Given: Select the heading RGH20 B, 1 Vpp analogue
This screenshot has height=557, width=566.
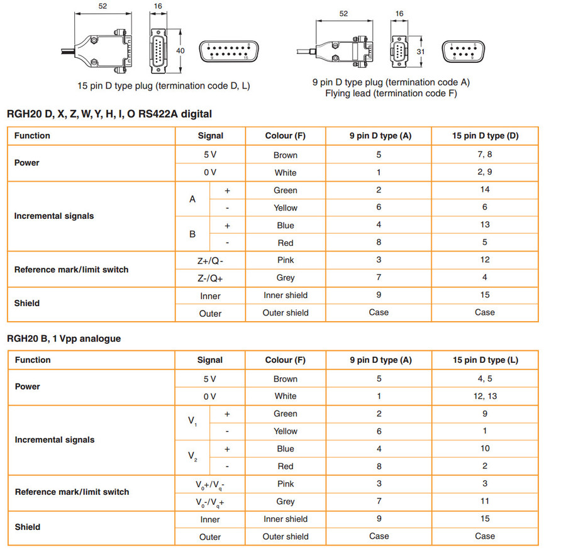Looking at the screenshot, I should click(x=64, y=338).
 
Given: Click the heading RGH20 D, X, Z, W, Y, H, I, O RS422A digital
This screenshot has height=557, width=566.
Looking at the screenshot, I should click(x=109, y=114).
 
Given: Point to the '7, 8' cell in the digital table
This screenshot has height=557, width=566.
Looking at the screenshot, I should click(x=484, y=155).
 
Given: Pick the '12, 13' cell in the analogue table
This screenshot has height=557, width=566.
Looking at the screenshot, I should click(x=484, y=396).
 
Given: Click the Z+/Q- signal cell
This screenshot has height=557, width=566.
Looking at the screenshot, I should click(x=210, y=260).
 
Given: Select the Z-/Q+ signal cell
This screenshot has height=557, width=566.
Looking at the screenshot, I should click(x=210, y=278).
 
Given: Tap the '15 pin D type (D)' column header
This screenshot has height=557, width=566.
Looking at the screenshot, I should click(x=485, y=136).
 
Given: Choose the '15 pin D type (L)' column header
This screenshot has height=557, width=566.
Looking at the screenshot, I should click(x=485, y=360).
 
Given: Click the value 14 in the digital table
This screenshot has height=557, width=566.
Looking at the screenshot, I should click(x=484, y=190).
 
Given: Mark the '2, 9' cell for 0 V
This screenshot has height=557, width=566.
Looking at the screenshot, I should click(x=484, y=172).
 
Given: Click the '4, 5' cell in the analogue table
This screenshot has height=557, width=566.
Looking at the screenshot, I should click(x=484, y=379).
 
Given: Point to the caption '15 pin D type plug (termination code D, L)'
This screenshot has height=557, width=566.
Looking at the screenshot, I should click(x=164, y=85).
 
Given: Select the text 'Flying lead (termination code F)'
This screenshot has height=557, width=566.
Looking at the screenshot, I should click(x=391, y=94).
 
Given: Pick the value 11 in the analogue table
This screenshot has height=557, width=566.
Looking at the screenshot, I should click(x=484, y=502).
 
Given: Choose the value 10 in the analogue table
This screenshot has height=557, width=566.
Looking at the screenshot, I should click(x=484, y=449).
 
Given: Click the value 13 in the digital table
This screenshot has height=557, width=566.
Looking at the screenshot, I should click(x=484, y=225).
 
